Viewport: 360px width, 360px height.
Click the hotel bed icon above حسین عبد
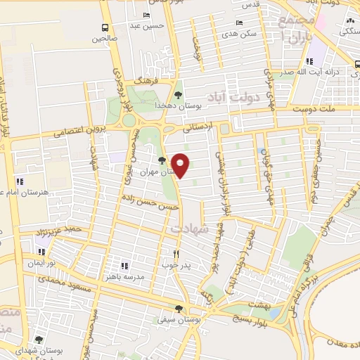click(x=146, y=15)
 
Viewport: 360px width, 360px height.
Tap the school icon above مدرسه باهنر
click(x=125, y=266)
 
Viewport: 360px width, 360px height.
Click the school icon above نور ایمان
click(x=41, y=251)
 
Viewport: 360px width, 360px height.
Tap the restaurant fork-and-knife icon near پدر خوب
click(x=176, y=255)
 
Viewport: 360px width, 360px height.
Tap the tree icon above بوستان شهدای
click(x=39, y=340)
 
